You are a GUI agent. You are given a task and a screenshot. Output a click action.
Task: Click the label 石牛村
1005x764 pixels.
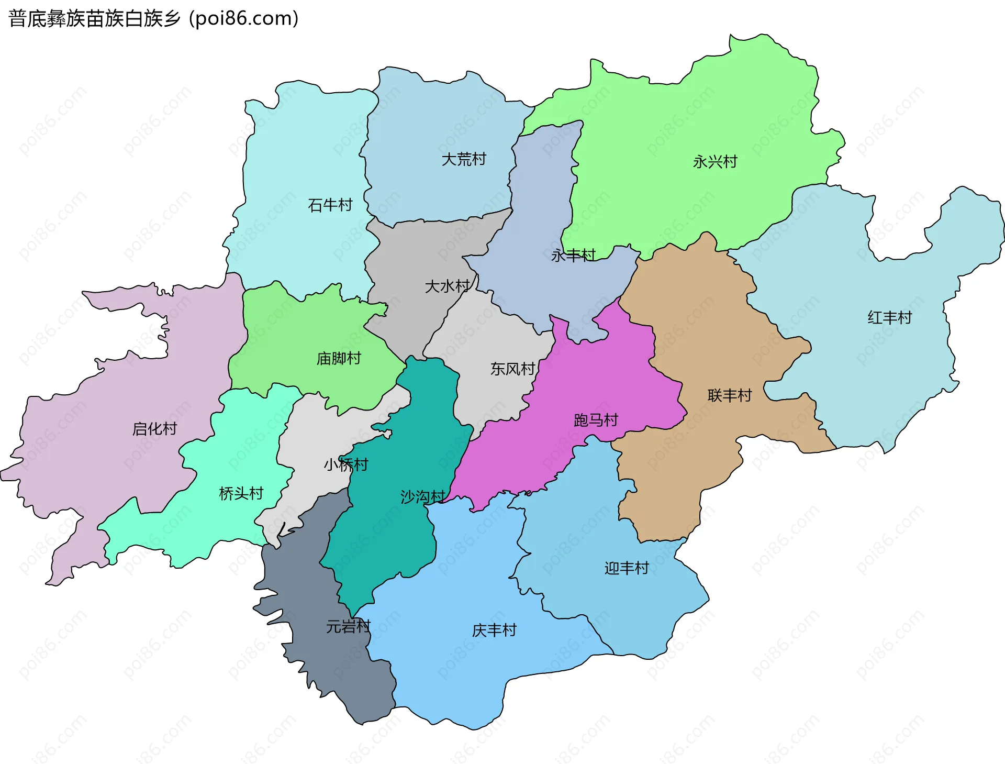pos(330,205)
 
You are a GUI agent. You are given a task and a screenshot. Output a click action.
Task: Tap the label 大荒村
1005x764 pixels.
pos(464,159)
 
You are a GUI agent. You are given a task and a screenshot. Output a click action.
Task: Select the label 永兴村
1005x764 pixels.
pos(715,161)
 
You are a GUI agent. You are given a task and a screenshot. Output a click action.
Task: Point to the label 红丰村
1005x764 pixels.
pos(889,317)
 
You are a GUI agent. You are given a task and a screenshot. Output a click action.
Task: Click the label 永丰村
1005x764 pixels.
pos(573,255)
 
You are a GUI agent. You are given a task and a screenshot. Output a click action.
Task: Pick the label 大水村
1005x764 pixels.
pos(447,286)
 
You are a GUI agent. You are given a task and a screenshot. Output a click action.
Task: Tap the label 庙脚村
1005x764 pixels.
pos(339,358)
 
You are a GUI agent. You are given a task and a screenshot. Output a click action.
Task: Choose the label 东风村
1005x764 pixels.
pos(512,369)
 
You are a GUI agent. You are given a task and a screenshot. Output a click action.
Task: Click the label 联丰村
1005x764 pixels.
pos(729,395)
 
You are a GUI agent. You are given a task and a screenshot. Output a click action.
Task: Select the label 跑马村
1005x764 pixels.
pos(596,419)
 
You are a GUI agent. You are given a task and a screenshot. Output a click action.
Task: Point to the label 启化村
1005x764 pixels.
pos(154,428)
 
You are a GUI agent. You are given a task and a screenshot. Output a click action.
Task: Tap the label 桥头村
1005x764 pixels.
pos(241,493)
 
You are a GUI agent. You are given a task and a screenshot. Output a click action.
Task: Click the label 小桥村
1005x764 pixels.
pos(345,464)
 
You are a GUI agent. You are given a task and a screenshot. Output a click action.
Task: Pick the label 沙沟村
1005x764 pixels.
pos(422,496)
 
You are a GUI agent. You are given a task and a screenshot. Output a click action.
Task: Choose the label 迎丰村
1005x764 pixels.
pos(627,568)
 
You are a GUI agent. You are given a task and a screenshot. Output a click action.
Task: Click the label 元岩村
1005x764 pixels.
pos(348,626)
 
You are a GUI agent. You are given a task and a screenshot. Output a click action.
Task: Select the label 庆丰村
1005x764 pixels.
pos(494,630)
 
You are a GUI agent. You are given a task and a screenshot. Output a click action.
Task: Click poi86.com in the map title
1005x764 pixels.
pos(243,18)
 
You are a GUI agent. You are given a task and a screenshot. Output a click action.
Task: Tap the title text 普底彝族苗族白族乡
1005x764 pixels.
pos(94,18)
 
